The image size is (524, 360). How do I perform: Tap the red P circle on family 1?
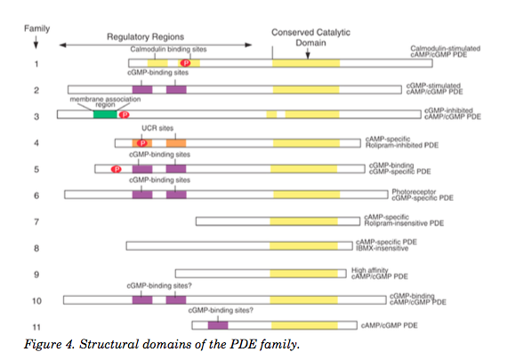(x=185, y=63)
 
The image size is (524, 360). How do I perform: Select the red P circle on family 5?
(x=115, y=168)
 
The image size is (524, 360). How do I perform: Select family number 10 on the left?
(x=36, y=300)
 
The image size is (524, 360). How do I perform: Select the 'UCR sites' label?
(x=160, y=128)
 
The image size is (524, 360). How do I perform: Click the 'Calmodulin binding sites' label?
(x=160, y=51)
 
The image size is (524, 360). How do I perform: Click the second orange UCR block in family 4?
(x=175, y=142)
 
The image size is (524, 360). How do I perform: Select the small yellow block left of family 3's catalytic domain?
(x=271, y=115)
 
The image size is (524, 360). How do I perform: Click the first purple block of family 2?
(x=142, y=90)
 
